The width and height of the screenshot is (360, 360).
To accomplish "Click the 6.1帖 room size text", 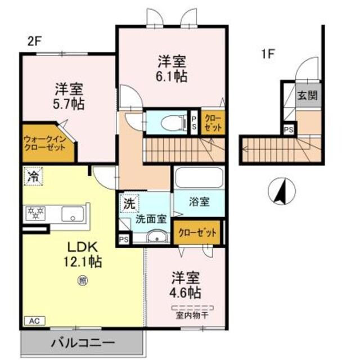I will [172, 77].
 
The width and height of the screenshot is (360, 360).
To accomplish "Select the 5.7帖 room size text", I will [70, 103].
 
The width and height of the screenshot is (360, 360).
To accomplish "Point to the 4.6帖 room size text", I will [186, 293].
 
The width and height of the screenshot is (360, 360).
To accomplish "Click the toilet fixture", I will [168, 121].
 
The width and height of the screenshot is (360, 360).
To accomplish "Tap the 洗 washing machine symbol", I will [128, 201].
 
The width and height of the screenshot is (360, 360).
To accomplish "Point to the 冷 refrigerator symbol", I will [33, 176].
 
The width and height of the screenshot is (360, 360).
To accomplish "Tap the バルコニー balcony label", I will [83, 342].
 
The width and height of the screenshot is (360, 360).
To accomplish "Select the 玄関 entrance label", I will [307, 94].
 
